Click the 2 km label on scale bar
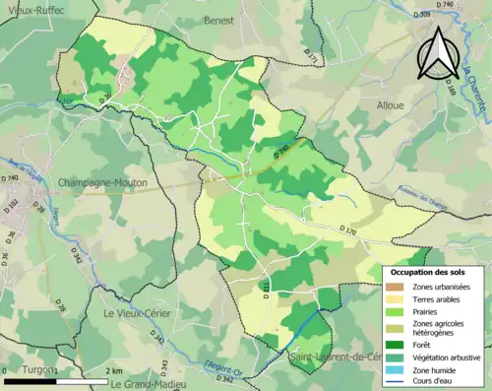(x=116, y=371)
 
